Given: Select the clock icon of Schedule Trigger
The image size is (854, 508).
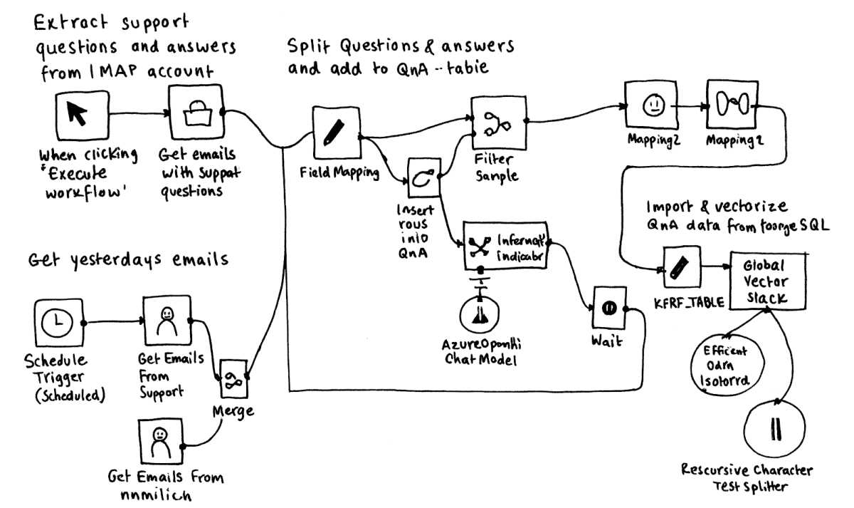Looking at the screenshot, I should pos(58,323).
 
